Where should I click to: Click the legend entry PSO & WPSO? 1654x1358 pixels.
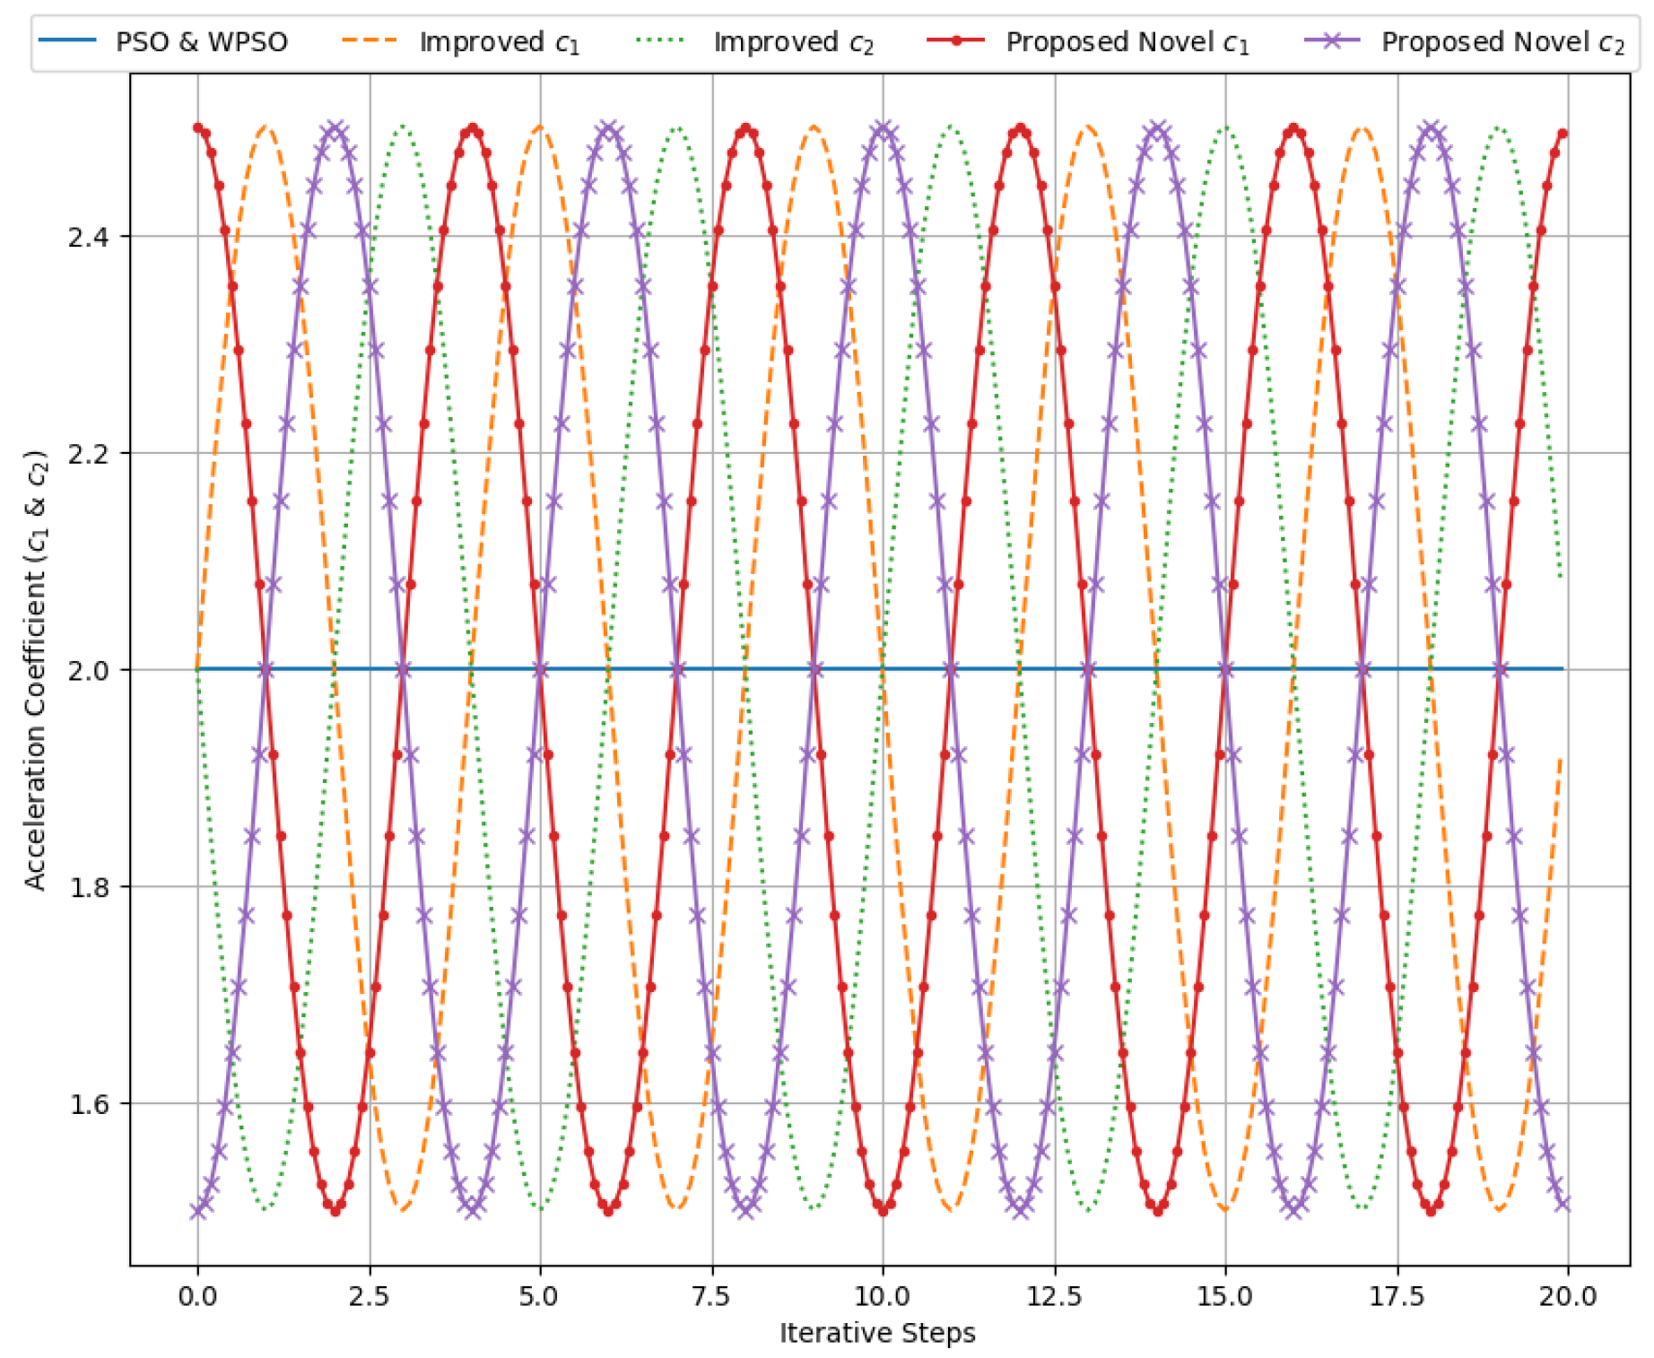click(x=201, y=42)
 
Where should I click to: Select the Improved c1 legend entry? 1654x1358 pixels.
click(x=499, y=42)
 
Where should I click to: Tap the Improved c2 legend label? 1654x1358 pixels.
click(x=793, y=42)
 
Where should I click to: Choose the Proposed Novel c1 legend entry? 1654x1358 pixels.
click(x=1127, y=42)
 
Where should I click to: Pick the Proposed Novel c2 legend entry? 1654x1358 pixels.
click(x=1502, y=42)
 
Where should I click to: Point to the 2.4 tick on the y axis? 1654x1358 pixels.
click(x=88, y=237)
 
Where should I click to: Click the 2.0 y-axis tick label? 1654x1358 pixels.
click(x=88, y=670)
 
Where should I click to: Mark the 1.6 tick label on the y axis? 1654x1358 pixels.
click(x=88, y=1103)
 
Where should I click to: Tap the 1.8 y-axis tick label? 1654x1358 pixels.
click(x=88, y=887)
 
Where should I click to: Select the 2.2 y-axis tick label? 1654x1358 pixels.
click(x=88, y=454)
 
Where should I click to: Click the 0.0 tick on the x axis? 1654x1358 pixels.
click(x=197, y=1296)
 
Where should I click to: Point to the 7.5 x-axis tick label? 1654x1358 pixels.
click(x=712, y=1296)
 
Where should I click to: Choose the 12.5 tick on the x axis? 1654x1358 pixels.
click(x=1055, y=1296)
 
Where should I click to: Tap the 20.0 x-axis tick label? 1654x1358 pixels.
click(x=1568, y=1296)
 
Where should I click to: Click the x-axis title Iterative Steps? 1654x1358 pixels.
click(x=877, y=1334)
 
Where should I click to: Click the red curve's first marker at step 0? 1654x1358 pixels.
click(x=198, y=128)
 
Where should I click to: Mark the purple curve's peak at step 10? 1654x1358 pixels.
click(x=884, y=128)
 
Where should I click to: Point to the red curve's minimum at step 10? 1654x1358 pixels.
click(x=884, y=1211)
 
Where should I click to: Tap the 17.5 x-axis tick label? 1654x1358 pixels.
click(x=1397, y=1296)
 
